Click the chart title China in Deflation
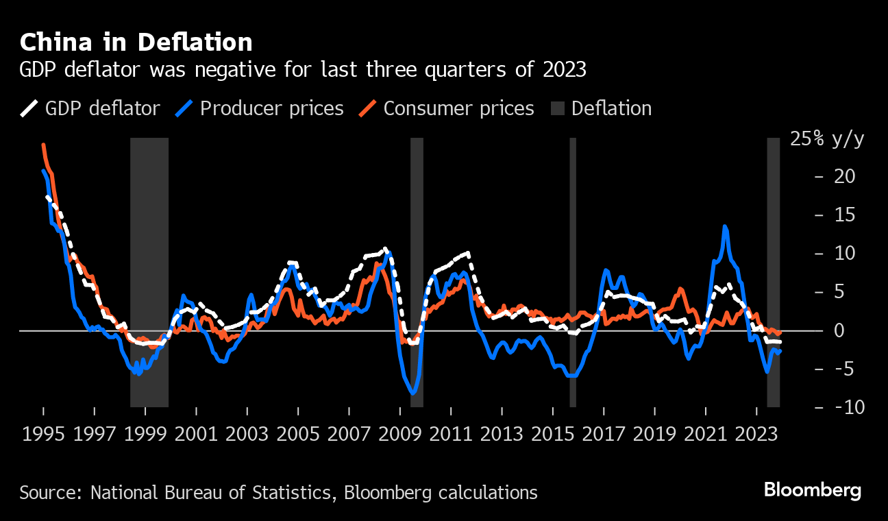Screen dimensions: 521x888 pos(136,43)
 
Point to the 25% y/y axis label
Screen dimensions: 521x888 pos(827,139)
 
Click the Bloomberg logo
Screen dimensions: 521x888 pos(812,490)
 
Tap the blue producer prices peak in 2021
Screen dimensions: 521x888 pos(725,226)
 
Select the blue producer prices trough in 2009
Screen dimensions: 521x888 pos(412,393)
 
